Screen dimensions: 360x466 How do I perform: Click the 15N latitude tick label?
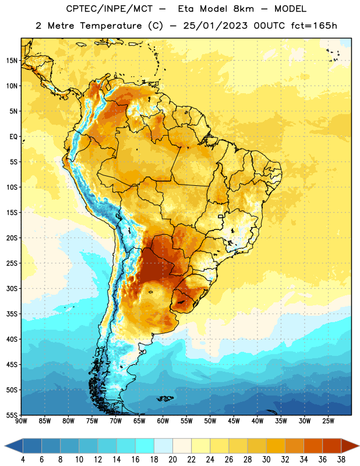pyautogui.click(x=12, y=61)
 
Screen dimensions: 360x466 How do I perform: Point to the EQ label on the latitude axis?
pyautogui.click(x=13, y=137)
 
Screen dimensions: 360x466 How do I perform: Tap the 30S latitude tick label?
pyautogui.click(x=12, y=288)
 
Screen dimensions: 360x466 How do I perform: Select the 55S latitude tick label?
pyautogui.click(x=12, y=415)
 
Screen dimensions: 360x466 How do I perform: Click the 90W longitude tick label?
pyautogui.click(x=21, y=421)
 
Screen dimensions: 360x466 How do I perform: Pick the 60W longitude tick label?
pyautogui.click(x=163, y=421)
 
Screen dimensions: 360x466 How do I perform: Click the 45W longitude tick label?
pyautogui.click(x=234, y=421)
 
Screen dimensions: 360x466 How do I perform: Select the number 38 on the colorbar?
pyautogui.click(x=341, y=460)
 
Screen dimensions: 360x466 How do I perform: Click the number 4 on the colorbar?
pyautogui.click(x=23, y=460)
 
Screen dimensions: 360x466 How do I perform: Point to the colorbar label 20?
pyautogui.click(x=172, y=460)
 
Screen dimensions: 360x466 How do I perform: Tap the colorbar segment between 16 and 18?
pyautogui.click(x=145, y=446)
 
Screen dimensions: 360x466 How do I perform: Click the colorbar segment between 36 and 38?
pyautogui.click(x=332, y=446)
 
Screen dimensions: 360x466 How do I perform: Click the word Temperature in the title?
pyautogui.click(x=111, y=26)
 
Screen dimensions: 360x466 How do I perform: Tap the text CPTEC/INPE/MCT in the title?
pyautogui.click(x=109, y=9)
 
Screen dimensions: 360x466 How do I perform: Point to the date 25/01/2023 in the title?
pyautogui.click(x=215, y=26)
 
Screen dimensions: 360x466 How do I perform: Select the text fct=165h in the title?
pyautogui.click(x=314, y=26)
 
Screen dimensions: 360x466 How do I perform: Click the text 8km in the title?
pyautogui.click(x=243, y=9)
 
